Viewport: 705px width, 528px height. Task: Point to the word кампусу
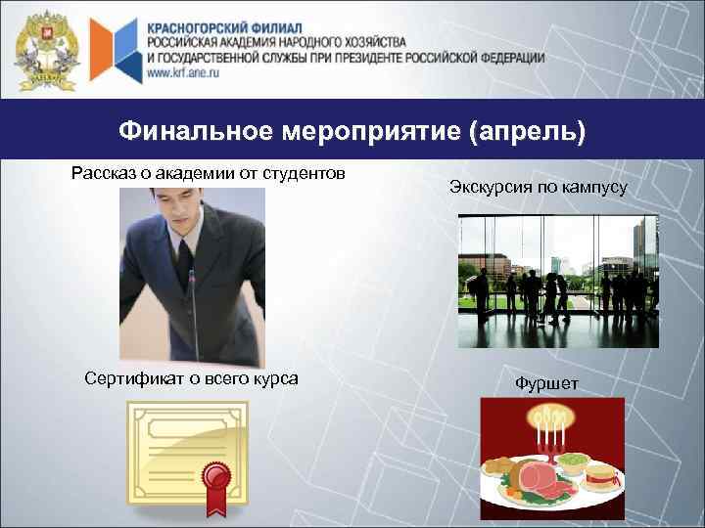tap(593, 186)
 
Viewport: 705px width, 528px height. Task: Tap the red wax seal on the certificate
tap(214, 478)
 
